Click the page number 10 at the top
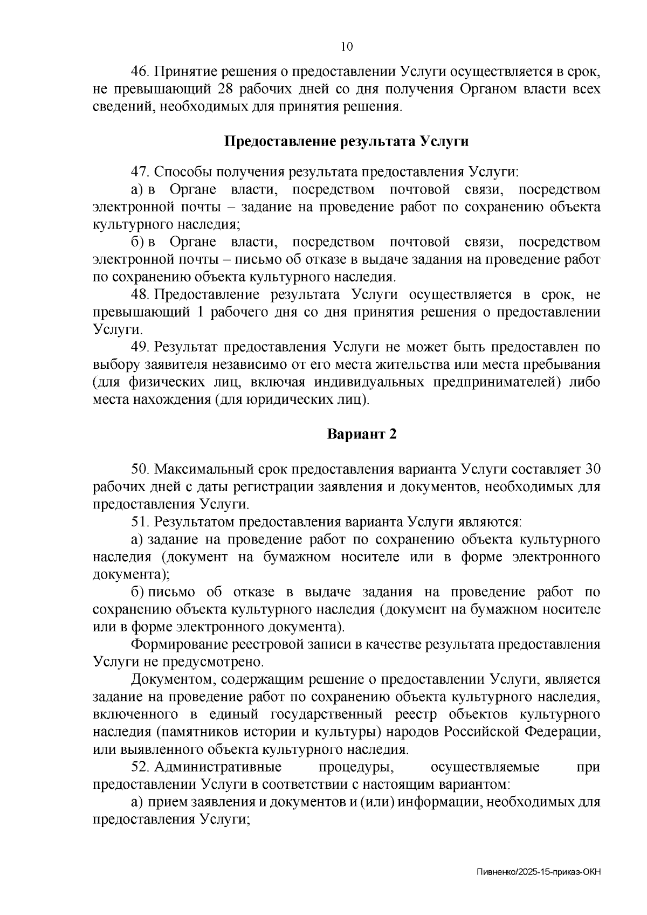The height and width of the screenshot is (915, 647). pyautogui.click(x=347, y=47)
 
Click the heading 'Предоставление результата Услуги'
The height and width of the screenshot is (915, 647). pyautogui.click(x=346, y=141)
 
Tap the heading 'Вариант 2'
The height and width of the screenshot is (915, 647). pyautogui.click(x=362, y=434)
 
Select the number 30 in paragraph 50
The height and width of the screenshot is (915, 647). pyautogui.click(x=592, y=469)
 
